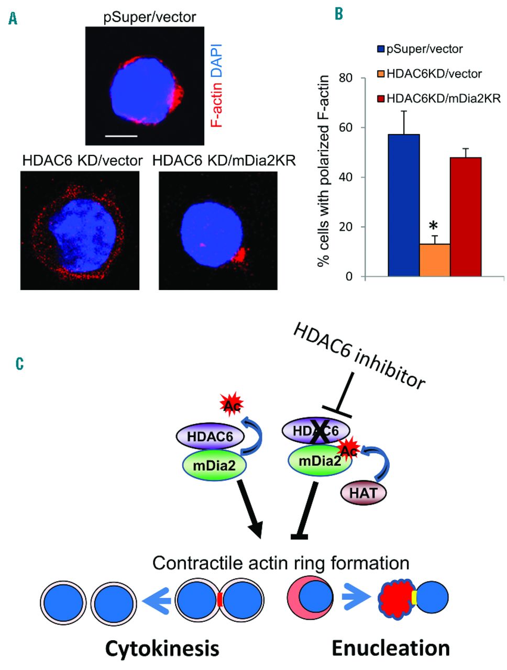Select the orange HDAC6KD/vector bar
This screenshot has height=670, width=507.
click(435, 260)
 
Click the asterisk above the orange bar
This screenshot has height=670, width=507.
click(433, 227)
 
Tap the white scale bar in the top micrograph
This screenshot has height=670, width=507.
click(121, 136)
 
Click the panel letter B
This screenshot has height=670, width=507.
click(339, 14)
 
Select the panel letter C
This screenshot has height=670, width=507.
click(19, 363)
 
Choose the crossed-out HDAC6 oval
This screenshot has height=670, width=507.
click(316, 431)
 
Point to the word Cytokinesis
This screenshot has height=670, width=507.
click(162, 649)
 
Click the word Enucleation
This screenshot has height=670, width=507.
click(391, 647)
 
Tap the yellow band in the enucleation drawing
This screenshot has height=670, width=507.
click(414, 597)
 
